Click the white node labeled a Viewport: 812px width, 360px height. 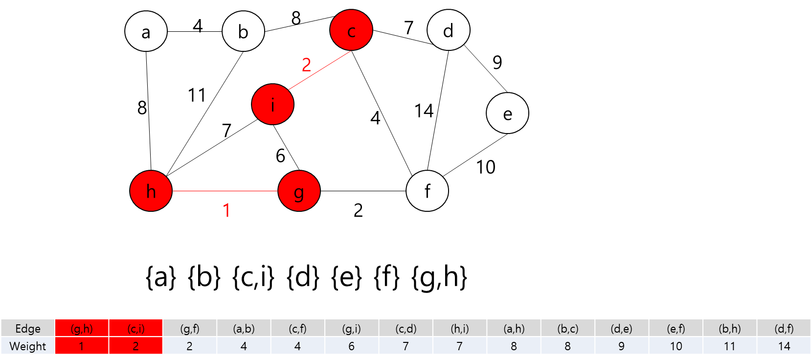tap(146, 31)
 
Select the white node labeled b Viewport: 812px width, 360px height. tap(243, 31)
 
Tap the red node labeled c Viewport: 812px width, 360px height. tap(351, 30)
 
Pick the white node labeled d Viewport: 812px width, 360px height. tap(448, 30)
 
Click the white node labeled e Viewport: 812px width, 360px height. tap(507, 113)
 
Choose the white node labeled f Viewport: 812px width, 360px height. tap(427, 191)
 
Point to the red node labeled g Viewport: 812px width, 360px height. tap(299, 191)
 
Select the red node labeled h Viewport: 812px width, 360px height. tap(151, 191)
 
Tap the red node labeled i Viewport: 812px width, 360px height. tap(272, 104)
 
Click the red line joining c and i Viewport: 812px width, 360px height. tap(320, 70)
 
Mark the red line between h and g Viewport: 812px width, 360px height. tap(225, 191)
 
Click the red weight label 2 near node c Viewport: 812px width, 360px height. tap(306, 65)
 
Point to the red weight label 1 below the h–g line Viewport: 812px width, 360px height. tap(226, 210)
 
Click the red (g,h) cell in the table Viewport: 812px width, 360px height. tap(82, 328)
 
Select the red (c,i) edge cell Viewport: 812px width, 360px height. tap(135, 328)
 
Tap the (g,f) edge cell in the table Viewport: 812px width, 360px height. tap(189, 328)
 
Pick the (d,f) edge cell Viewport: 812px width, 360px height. tap(784, 328)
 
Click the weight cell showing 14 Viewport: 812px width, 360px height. tap(784, 346)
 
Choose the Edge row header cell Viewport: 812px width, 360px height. tap(28, 328)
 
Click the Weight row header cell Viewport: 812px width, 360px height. tap(28, 346)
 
